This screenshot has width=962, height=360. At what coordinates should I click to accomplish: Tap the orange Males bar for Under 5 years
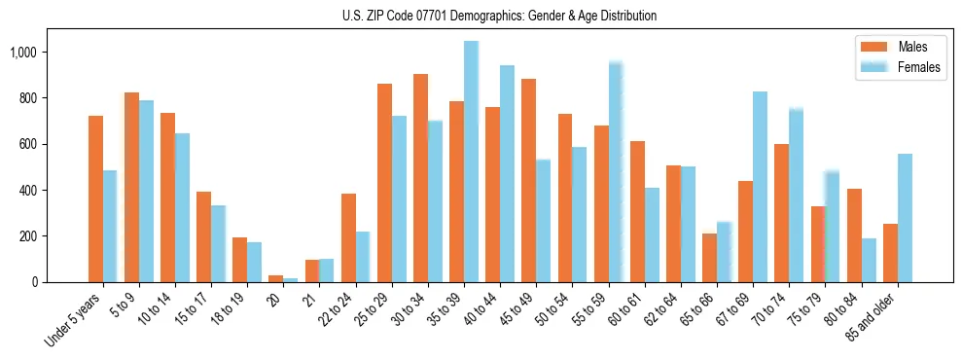pyautogui.click(x=95, y=199)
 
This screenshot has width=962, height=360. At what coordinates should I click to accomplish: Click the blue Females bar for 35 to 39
pyautogui.click(x=471, y=162)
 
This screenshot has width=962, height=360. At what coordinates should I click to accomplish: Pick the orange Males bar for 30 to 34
pyautogui.click(x=420, y=178)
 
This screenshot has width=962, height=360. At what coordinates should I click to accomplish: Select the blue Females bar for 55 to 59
pyautogui.click(x=616, y=171)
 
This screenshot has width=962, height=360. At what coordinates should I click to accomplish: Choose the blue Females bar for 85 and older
pyautogui.click(x=905, y=218)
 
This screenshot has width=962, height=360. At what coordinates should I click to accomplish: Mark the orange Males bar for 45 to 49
pyautogui.click(x=529, y=181)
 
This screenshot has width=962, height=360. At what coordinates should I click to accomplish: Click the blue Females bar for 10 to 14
pyautogui.click(x=182, y=208)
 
